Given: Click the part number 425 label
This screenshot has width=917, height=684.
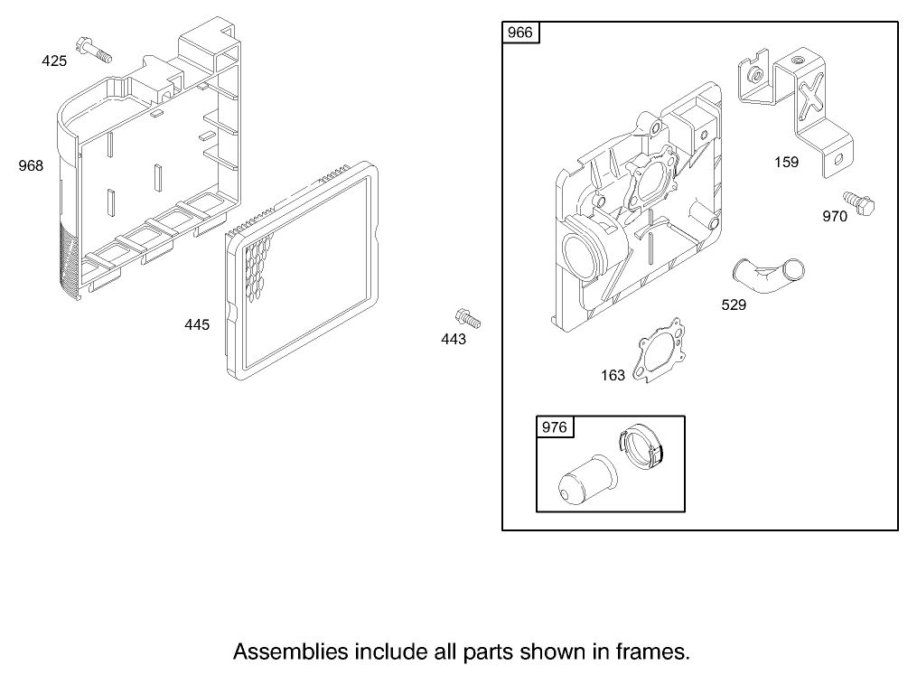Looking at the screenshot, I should coord(54,61).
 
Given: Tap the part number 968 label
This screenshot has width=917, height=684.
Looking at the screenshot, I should coord(32,165).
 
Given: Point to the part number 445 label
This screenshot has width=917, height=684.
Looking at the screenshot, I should coord(197,324).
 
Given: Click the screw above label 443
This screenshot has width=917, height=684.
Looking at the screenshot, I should coord(468,318).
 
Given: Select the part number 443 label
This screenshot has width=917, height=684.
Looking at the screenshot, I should coord(454,339).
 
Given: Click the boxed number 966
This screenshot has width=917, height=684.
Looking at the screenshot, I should coord(520,33).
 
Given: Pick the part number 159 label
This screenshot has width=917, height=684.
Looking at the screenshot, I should coord(786,163).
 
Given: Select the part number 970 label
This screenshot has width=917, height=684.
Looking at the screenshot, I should coord(834,217).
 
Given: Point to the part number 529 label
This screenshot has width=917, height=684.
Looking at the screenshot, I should coord(734,305).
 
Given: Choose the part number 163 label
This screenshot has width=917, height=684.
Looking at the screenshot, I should coord(613,375).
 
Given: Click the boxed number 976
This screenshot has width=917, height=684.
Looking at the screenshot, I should coord(554,427).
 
